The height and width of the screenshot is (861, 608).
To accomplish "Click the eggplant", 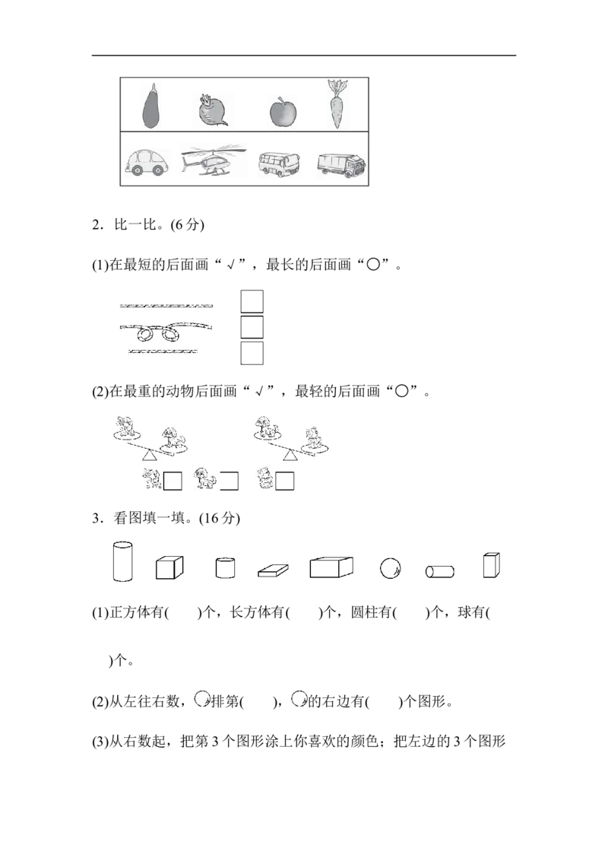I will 152,106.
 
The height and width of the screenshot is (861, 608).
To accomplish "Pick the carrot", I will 337,106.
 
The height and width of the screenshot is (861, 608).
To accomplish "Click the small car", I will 147,163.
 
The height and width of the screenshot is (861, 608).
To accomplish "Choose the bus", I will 279,164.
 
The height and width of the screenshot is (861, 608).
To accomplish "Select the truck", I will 341,167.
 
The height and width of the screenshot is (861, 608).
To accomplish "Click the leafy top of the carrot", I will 337,85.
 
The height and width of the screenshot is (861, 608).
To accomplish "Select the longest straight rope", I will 166,306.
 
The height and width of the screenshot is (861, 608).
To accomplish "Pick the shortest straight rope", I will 163,352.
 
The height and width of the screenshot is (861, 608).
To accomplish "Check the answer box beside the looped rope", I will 252,327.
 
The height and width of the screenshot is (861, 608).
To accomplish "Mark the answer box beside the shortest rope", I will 252,353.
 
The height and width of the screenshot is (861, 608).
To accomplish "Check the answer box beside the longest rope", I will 252,301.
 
